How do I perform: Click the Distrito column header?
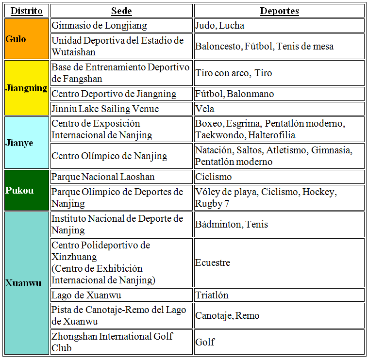[x=27, y=11]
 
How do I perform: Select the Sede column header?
[x=121, y=11]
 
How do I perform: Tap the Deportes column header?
[x=279, y=11]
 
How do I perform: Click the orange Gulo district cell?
[x=27, y=39]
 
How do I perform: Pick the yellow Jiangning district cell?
[x=27, y=88]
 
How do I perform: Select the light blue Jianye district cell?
[x=27, y=143]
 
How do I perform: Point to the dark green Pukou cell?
[x=27, y=190]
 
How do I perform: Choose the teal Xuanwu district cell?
[x=27, y=283]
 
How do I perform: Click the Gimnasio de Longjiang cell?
[x=121, y=26]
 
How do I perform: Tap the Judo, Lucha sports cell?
[x=279, y=26]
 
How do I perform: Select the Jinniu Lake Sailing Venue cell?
[x=121, y=109]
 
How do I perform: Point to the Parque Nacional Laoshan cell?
[x=121, y=177]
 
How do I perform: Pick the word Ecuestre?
[x=213, y=262]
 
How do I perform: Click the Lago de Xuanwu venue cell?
[x=121, y=295]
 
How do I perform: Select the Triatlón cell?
[x=279, y=295]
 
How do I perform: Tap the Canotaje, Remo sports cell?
[x=279, y=315]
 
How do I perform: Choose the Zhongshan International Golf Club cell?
[x=121, y=342]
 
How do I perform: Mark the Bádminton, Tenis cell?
[x=279, y=224]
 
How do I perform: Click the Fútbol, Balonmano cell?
[x=279, y=94]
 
